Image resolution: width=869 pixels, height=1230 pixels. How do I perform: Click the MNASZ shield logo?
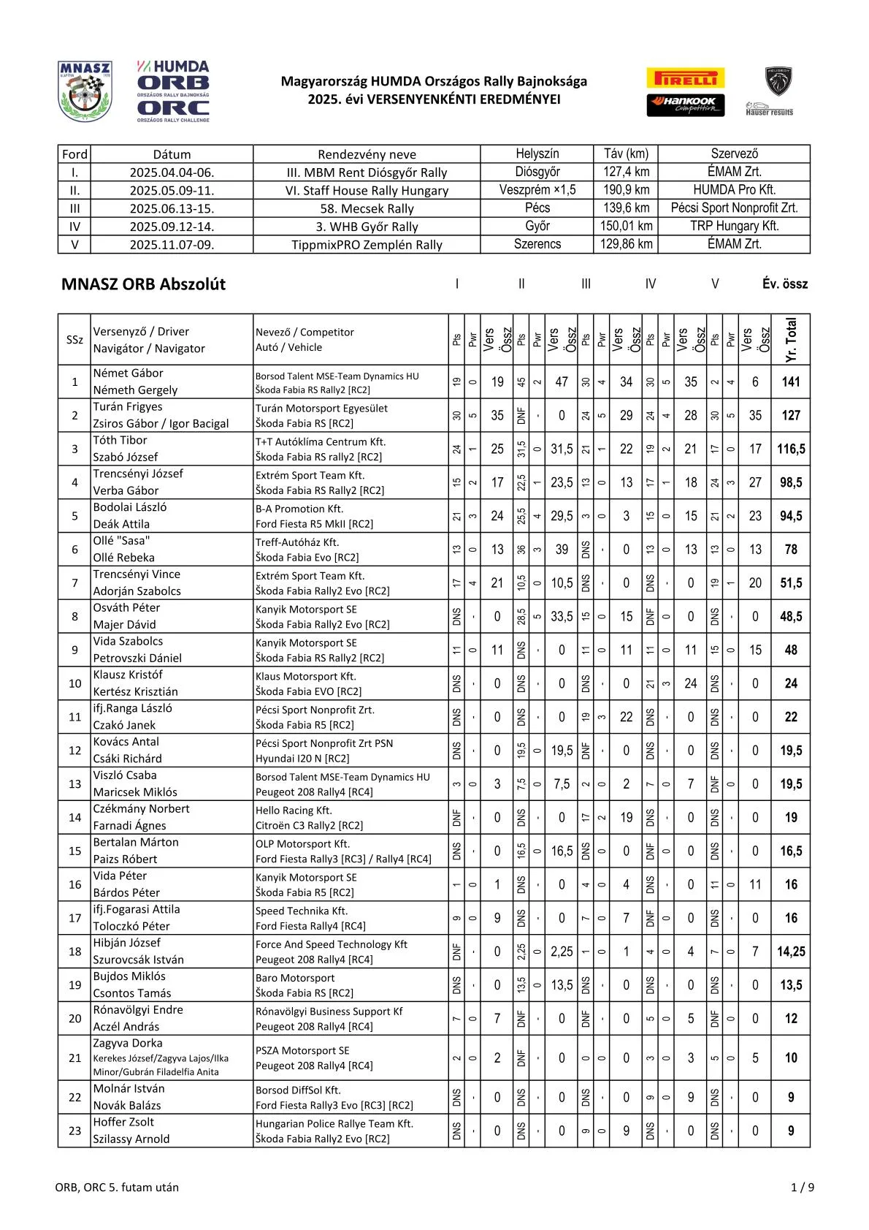85,91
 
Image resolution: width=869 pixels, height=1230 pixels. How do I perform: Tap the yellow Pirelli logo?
685,78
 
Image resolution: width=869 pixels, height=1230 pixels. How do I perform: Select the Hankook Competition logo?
685,105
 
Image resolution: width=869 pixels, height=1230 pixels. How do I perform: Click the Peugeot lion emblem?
778,81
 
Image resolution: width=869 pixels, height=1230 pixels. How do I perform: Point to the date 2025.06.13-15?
172,208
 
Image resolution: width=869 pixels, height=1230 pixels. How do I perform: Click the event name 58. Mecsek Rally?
367,208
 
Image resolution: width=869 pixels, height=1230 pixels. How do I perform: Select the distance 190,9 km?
626,190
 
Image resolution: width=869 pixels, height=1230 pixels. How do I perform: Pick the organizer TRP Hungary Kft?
734,226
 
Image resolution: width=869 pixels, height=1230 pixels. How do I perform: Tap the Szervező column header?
734,153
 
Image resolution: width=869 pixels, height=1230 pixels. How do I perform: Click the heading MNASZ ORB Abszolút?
143,284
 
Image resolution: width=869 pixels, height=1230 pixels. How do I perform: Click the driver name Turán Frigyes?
128,406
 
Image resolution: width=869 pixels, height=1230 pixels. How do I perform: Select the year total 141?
790,381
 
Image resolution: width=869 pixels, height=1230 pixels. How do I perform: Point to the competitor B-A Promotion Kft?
299,509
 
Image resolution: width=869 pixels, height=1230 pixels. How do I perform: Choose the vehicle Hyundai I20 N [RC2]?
302,759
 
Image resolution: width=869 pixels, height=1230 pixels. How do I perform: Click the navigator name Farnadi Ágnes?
129,825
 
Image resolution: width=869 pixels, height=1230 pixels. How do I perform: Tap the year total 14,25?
790,952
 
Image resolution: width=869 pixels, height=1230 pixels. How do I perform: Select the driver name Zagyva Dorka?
128,1043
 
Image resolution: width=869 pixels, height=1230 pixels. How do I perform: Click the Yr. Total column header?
791,340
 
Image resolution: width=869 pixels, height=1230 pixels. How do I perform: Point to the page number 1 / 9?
802,1187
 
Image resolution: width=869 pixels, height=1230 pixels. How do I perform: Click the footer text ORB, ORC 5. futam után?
117,1187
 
